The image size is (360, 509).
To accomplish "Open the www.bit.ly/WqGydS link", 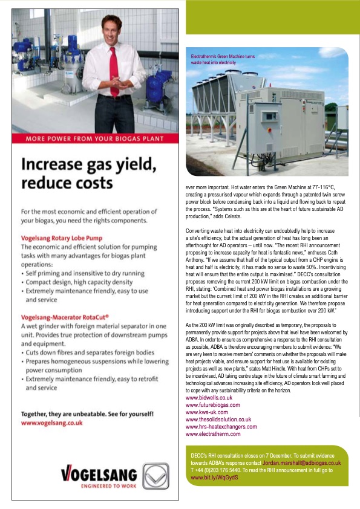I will click(215, 478).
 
